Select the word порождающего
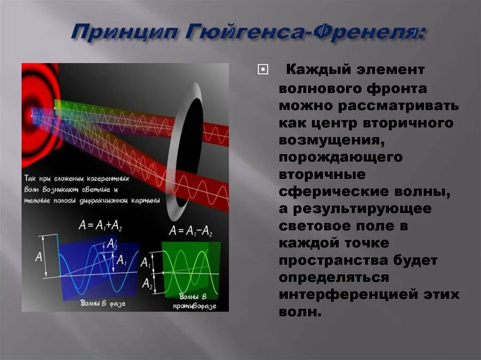tap(341, 157)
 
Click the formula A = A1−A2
tap(191, 230)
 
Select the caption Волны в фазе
tap(103, 303)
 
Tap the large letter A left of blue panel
tap(39, 257)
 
